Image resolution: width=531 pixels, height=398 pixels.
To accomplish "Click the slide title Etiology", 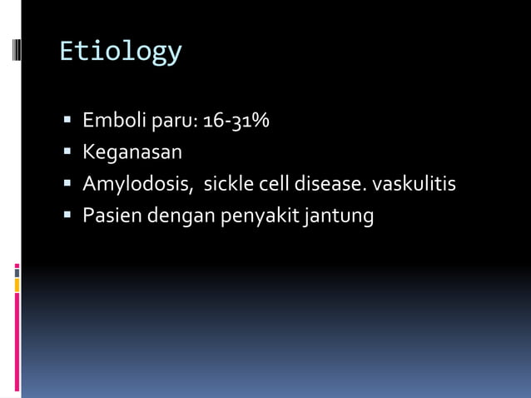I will (x=120, y=52).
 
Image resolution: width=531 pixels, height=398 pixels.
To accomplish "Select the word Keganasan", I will (x=132, y=153).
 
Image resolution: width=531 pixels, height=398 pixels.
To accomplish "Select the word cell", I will (x=270, y=184).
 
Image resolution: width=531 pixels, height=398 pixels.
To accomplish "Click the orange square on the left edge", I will (x=17, y=285).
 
